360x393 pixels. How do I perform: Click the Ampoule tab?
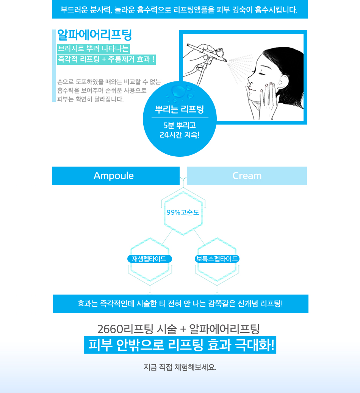(x=116, y=176)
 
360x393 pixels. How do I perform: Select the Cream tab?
(x=247, y=176)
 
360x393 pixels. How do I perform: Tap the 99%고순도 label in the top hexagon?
(x=183, y=212)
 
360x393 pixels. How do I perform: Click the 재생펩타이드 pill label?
(x=150, y=259)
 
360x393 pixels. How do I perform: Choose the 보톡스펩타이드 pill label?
(x=217, y=259)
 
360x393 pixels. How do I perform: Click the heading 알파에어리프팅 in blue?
(x=95, y=35)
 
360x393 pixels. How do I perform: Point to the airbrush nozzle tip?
(x=226, y=61)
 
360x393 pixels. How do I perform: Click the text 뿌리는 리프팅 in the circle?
(x=180, y=109)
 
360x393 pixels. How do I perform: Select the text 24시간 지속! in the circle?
(x=180, y=135)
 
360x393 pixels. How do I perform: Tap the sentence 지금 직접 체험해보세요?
(x=180, y=367)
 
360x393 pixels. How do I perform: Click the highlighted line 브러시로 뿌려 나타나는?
(x=93, y=48)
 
